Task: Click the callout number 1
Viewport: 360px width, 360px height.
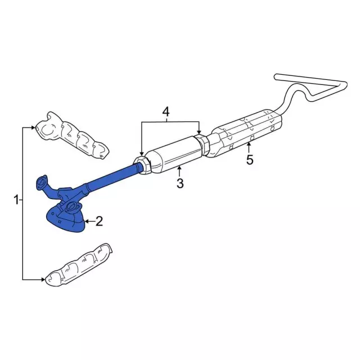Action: coord(16,200)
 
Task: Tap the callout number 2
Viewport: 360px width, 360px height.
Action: coord(99,221)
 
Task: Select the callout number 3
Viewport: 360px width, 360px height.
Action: coord(180,183)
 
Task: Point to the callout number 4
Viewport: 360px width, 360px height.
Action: coord(166,112)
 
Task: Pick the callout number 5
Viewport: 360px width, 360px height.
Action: coord(250,160)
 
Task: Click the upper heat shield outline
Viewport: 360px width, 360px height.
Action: coord(71,136)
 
